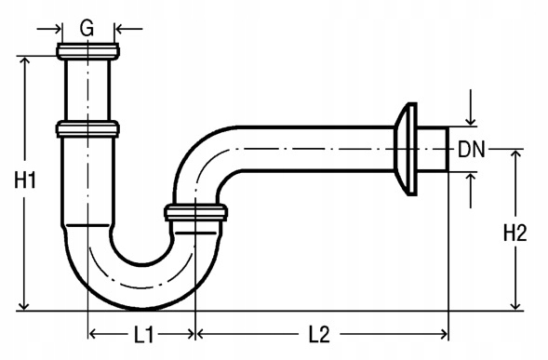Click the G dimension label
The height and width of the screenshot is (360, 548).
click(87, 28)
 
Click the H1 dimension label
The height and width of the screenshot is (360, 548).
click(25, 180)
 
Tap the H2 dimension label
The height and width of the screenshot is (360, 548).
click(515, 233)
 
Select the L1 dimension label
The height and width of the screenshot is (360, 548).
click(143, 335)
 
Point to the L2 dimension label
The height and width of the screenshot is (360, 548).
click(319, 335)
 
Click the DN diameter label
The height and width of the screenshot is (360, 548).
click(472, 149)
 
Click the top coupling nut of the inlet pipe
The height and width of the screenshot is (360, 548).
click(87, 51)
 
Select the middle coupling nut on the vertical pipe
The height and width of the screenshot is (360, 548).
click(87, 128)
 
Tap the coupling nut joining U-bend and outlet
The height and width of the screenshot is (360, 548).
click(195, 212)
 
